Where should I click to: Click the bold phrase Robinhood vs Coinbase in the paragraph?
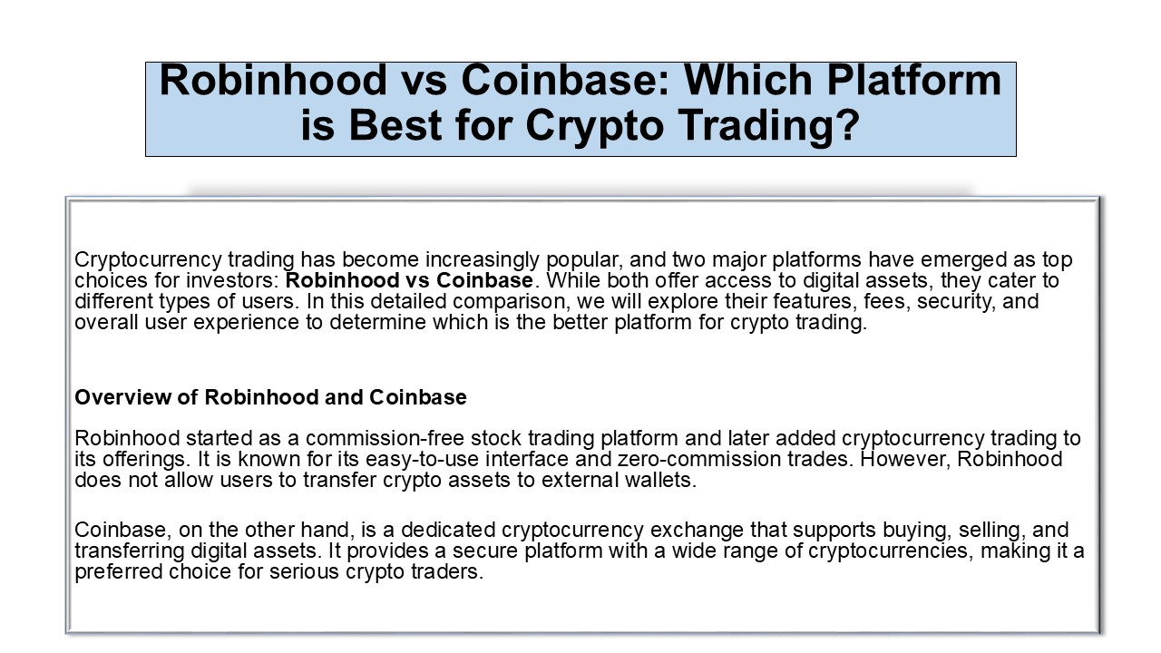click(409, 281)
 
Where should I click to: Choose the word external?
click(567, 481)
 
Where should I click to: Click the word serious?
click(300, 573)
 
